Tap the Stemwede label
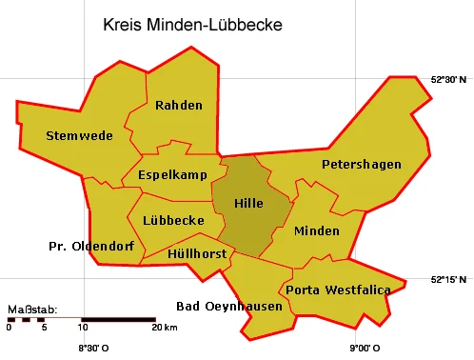coord(79,135)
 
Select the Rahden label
coord(178,105)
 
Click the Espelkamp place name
coord(172,175)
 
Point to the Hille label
coord(247,204)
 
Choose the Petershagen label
coord(361,165)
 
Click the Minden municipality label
coord(316,231)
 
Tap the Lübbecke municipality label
coord(172,220)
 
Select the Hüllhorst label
coord(196,254)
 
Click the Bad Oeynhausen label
coord(229,306)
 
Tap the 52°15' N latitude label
coord(449,279)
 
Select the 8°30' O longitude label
coord(92,349)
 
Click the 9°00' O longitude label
coord(363,349)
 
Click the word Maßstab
coord(32,310)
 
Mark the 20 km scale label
coord(164,329)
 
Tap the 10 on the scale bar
coord(83,329)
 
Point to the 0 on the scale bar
coord(9,329)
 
